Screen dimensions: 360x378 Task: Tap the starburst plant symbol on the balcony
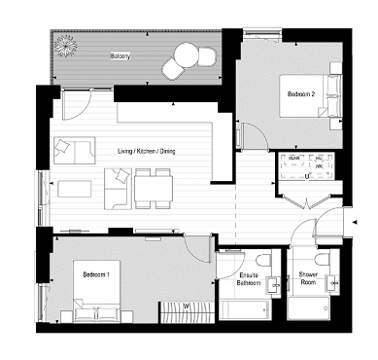pyautogui.click(x=67, y=45)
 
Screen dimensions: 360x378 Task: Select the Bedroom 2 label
pyautogui.click(x=300, y=94)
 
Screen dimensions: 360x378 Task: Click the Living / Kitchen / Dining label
pyautogui.click(x=147, y=152)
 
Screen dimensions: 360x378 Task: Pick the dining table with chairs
pyautogui.click(x=149, y=182)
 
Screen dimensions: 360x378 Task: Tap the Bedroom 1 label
pyautogui.click(x=95, y=275)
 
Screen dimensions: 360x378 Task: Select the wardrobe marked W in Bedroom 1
pyautogui.click(x=186, y=308)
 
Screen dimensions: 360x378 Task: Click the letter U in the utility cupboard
pyautogui.click(x=307, y=176)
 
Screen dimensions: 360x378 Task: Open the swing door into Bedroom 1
pyautogui.click(x=200, y=243)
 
